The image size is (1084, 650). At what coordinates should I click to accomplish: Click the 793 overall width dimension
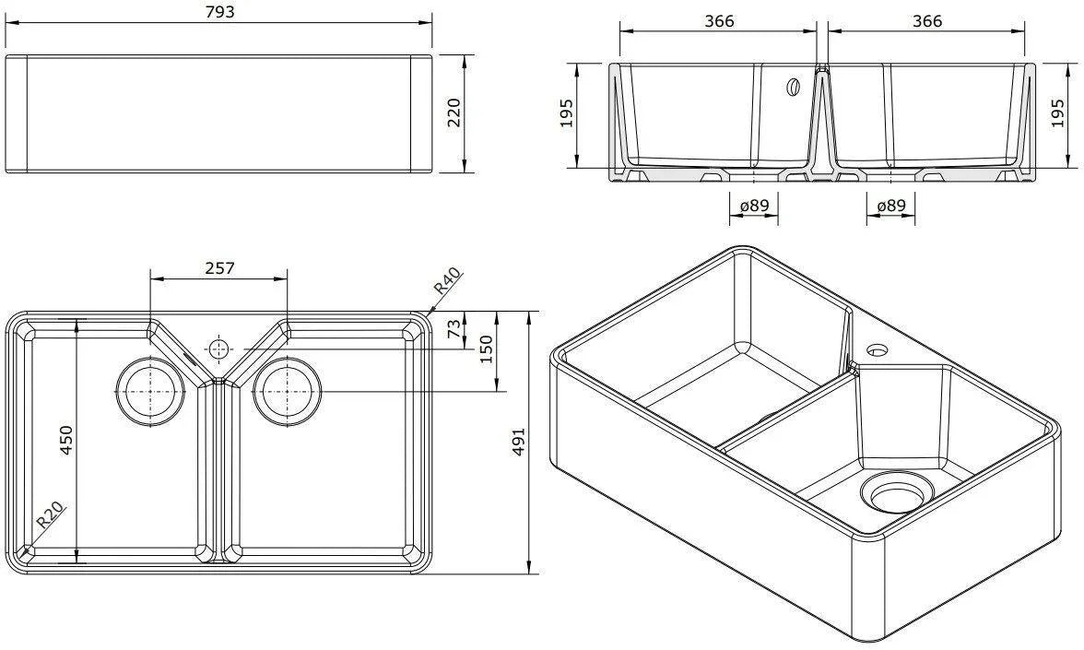(219, 12)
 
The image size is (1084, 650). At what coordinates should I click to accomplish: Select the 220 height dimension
(454, 113)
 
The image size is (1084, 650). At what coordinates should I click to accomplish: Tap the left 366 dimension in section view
(718, 20)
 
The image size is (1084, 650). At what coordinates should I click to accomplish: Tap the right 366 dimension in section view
(926, 20)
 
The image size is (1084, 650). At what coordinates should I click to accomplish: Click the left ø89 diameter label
(753, 207)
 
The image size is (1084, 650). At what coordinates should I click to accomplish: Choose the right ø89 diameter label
(890, 207)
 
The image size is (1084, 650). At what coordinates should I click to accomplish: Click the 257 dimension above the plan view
(219, 268)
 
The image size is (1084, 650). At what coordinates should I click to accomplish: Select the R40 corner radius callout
(449, 281)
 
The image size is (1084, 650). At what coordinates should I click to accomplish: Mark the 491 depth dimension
(517, 443)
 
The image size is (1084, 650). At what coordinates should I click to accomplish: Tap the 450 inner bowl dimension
(65, 441)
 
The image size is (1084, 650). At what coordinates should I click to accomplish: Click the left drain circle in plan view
(145, 391)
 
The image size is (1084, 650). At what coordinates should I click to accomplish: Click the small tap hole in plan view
(218, 349)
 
